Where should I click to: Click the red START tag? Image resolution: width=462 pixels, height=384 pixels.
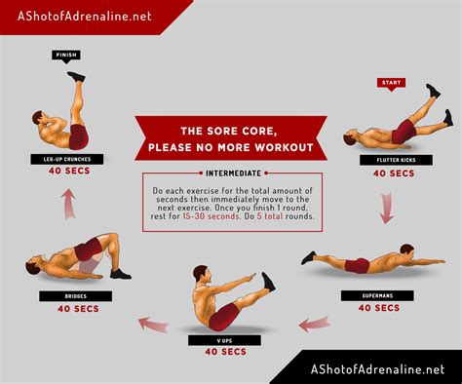[391, 83]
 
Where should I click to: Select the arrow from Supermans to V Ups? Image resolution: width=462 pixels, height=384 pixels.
[314, 323]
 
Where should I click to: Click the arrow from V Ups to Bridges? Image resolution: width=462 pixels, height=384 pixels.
[152, 322]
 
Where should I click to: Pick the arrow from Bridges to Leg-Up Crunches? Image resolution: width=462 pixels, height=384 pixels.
[68, 204]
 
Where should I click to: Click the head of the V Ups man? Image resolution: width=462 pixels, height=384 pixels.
[202, 274]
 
